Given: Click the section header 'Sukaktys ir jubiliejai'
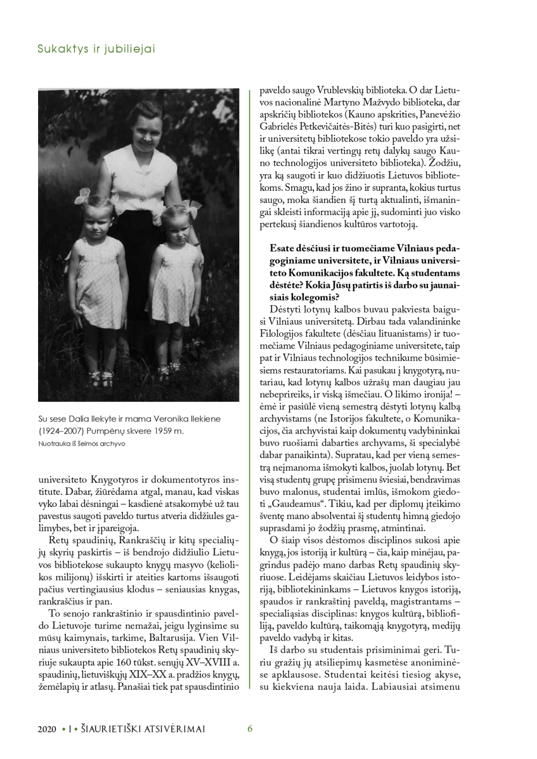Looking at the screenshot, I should [96, 50].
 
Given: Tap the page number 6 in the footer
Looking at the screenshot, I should [250, 728].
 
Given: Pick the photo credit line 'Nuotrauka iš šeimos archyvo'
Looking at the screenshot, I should [81, 444].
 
